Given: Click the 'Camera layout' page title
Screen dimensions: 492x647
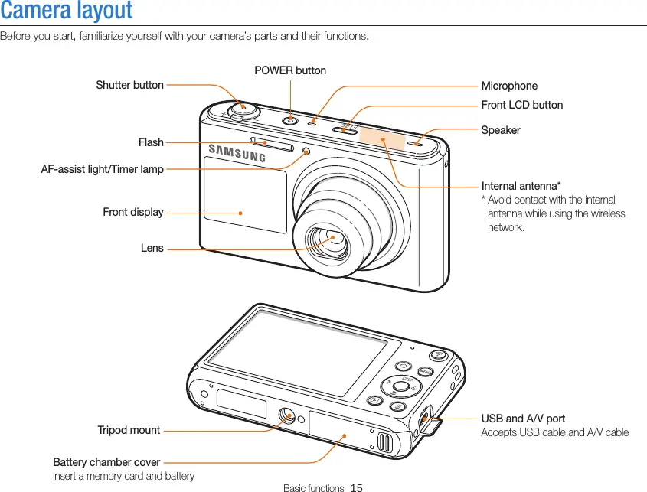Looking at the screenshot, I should (67, 11).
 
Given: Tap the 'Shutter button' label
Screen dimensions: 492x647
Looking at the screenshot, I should (129, 85).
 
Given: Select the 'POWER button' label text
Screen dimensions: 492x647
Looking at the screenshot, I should (290, 70).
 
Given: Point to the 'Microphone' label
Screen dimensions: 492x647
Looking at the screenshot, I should (509, 86).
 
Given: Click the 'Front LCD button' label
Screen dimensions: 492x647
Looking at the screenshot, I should (521, 105).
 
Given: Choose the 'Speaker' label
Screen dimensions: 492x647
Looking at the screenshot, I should (500, 130).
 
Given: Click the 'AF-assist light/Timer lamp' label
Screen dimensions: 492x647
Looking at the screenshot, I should (102, 169).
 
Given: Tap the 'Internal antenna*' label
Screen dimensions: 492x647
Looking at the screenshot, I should (521, 187).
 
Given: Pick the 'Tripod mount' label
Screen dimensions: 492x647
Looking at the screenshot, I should (129, 430).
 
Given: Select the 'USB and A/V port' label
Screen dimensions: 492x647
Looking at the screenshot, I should (523, 419).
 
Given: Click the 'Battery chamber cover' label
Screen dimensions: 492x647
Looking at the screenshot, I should (106, 462).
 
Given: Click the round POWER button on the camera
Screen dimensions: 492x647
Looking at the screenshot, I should (290, 120).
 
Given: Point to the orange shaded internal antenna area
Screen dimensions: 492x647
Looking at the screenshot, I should (383, 138).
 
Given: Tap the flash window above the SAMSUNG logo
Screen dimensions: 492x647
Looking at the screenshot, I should (271, 143).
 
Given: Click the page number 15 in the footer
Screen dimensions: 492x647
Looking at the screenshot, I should (356, 487).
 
